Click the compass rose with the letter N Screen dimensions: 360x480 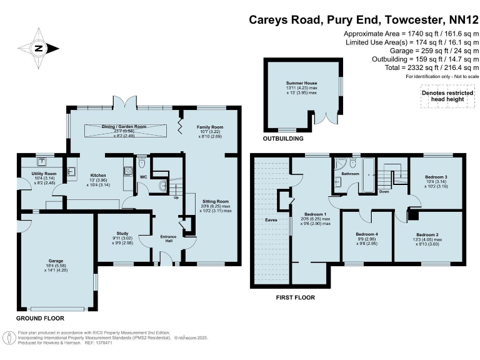coord(39,48)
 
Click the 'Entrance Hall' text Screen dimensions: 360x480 coord(167,238)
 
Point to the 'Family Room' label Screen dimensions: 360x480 coord(210,127)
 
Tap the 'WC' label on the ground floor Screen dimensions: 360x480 coord(143,177)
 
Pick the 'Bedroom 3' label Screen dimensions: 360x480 coord(436,177)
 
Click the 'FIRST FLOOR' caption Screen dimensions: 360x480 coord(296,297)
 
